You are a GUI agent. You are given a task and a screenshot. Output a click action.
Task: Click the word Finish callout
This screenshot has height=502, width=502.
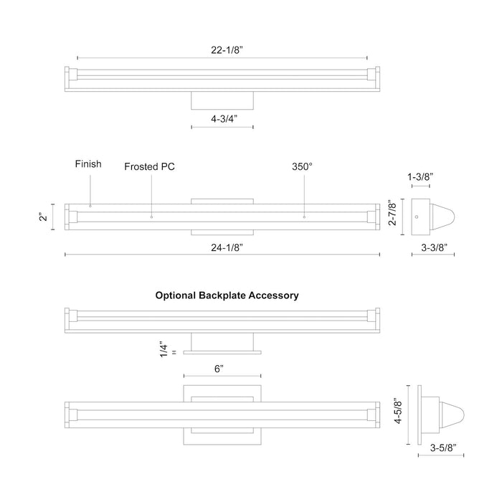pyautogui.click(x=88, y=164)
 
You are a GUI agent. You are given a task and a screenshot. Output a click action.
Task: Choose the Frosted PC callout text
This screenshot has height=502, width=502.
pyautogui.click(x=149, y=166)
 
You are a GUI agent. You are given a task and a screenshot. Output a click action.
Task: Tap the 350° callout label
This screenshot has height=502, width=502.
pyautogui.click(x=302, y=166)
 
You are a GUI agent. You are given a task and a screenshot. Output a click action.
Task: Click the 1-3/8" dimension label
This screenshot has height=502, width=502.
pyautogui.click(x=421, y=176)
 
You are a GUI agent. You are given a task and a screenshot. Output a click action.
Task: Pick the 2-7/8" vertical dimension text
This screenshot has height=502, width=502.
pyautogui.click(x=392, y=217)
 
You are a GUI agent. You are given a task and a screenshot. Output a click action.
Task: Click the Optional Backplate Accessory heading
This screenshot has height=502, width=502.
pyautogui.click(x=227, y=295)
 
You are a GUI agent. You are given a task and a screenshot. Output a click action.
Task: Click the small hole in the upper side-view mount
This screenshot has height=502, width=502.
pyautogui.click(x=417, y=217)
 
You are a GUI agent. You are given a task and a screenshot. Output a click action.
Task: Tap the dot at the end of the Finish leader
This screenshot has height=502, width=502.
pyautogui.click(x=90, y=207)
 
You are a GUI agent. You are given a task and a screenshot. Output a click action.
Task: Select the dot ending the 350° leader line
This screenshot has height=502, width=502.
pyautogui.click(x=304, y=216)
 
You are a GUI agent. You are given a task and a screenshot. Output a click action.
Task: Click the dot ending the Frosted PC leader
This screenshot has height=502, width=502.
pyautogui.click(x=151, y=216)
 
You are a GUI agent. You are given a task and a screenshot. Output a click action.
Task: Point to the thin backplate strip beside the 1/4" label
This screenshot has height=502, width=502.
pyautogui.click(x=222, y=352)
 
